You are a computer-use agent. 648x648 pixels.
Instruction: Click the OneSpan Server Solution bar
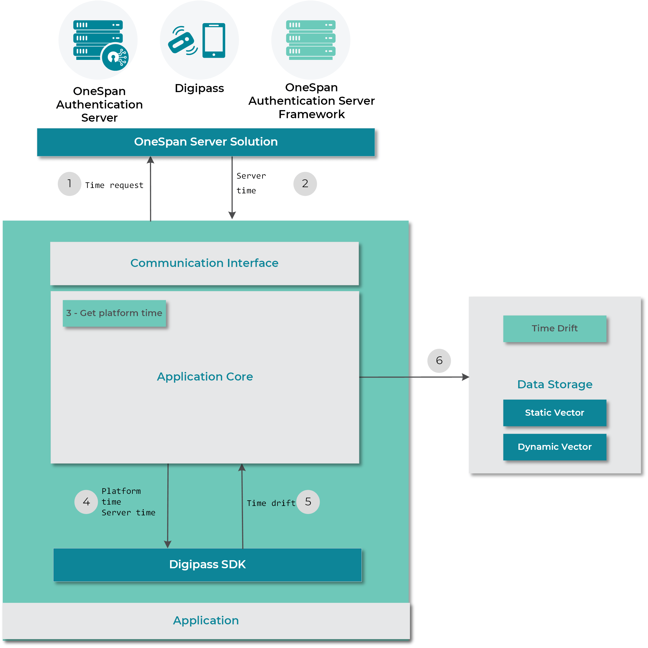pos(206,142)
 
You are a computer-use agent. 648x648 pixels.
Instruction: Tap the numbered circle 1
pos(69,184)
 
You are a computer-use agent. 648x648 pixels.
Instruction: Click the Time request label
pos(114,185)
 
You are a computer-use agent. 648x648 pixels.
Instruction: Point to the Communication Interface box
pos(204,263)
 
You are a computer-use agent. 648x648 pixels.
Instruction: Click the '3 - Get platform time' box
pos(114,313)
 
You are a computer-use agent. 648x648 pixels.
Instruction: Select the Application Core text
pos(205,377)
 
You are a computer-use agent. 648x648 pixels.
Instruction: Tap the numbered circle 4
pos(86,502)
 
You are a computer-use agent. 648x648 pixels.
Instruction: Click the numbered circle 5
pos(308,502)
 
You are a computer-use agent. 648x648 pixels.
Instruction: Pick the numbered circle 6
pos(439,361)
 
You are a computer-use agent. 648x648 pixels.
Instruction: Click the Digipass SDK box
pos(207,564)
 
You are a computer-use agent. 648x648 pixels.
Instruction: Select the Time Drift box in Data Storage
pos(554,328)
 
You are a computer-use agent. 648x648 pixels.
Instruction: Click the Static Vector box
pos(554,413)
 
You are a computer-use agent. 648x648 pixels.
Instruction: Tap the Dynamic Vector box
pos(554,447)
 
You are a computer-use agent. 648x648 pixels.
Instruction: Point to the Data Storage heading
pos(554,385)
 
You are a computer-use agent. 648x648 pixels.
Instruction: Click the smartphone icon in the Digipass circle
pos(214,40)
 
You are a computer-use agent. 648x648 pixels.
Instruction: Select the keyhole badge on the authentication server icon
pos(115,57)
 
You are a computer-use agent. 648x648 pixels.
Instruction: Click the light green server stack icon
pos(311,40)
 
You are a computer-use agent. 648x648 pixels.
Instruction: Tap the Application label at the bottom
pos(206,620)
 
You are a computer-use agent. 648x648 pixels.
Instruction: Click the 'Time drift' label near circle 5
pos(271,503)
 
